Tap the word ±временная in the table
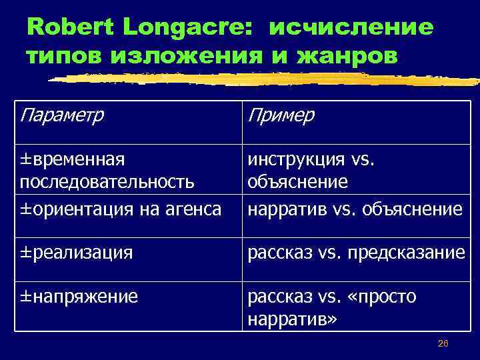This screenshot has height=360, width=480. click(73, 160)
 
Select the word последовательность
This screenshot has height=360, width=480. click(107, 182)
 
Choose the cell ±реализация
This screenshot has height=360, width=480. click(77, 253)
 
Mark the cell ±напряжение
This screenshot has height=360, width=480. click(79, 296)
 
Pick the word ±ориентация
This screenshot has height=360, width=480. click(69, 209)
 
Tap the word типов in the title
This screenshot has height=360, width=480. click(63, 55)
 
